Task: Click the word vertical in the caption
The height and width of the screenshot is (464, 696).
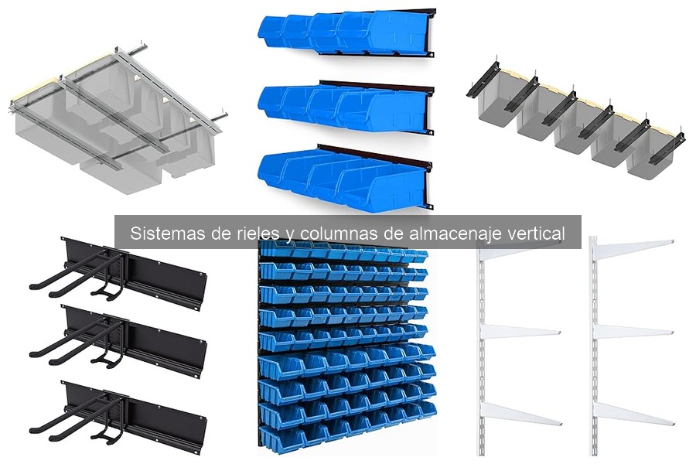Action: click(x=537, y=233)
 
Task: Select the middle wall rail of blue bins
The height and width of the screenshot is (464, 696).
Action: click(x=346, y=107)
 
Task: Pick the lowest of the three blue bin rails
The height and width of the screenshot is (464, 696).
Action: click(x=346, y=177)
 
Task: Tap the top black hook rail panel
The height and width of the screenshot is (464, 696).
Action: click(x=119, y=274)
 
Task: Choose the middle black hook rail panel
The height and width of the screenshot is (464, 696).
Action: click(x=119, y=341)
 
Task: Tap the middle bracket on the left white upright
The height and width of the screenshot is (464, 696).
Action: click(x=520, y=332)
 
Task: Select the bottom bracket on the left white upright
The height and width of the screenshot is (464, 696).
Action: click(x=520, y=414)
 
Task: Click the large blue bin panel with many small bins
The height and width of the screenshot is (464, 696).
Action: click(x=346, y=344)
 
